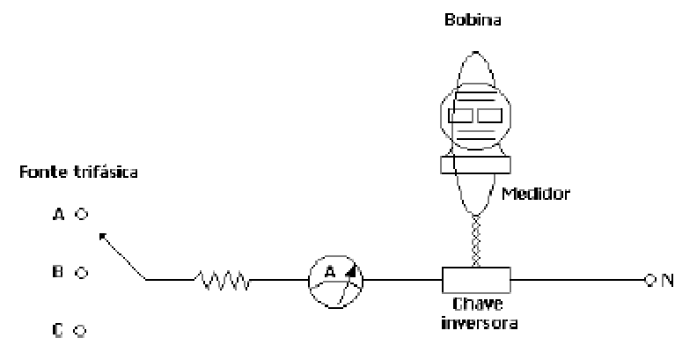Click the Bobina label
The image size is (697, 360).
473,20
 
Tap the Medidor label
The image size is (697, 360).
536,194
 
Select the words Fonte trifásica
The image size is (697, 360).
78,172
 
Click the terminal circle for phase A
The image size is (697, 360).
81,215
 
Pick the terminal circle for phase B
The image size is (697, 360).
81,273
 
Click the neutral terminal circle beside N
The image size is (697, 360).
649,280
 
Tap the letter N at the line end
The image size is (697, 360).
667,280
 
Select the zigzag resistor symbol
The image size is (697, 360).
223,280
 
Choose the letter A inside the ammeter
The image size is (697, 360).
330,272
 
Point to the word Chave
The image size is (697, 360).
478,305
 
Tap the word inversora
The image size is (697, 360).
480,322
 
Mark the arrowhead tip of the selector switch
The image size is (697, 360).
100,234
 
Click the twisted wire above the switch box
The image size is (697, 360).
475,240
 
